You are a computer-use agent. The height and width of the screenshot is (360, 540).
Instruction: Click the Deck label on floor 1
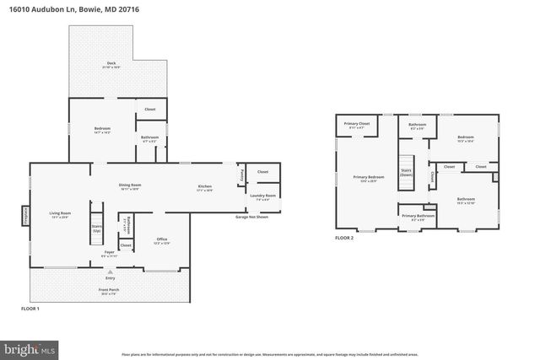click(111, 64)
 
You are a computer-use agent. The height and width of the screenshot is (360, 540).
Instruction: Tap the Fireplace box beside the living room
click(24, 215)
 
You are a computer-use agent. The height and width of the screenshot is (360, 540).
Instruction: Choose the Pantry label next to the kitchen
click(242, 175)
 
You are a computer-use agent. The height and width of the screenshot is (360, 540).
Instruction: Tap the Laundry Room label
click(263, 196)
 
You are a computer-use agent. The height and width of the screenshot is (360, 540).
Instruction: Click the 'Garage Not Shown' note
click(252, 217)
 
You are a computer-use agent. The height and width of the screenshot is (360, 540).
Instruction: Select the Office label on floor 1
click(162, 239)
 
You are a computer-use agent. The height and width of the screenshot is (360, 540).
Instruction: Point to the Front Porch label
click(110, 291)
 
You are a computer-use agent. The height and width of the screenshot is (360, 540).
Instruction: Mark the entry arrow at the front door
click(110, 271)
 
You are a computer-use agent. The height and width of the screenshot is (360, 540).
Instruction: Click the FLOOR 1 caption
click(30, 309)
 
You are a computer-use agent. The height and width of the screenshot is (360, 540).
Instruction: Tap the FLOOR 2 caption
click(344, 238)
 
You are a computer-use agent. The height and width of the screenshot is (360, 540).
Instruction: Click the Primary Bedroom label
click(369, 177)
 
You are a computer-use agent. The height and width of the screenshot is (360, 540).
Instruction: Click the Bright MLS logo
click(30, 347)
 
